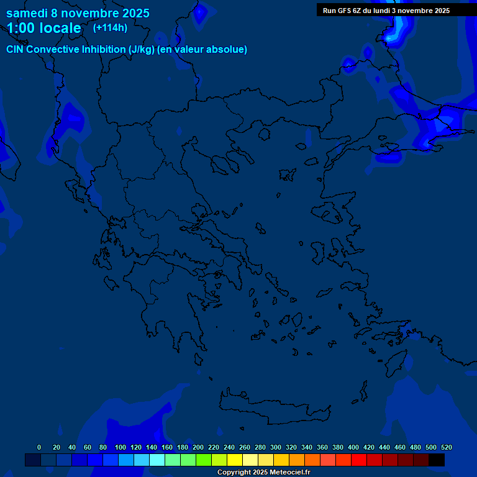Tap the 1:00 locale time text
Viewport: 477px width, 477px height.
[x=43, y=28]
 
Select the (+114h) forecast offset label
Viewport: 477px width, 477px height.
[x=110, y=27]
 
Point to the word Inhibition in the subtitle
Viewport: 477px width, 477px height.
[x=103, y=50]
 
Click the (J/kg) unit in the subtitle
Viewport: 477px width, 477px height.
[x=142, y=50]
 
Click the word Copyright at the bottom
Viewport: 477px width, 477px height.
[x=234, y=473]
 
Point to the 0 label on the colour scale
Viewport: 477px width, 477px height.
[x=39, y=447]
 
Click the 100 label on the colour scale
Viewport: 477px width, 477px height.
[x=120, y=447]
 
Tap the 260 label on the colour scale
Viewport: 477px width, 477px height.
[x=245, y=447]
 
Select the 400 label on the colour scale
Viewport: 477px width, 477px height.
[x=353, y=447]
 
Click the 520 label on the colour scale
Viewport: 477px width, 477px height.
[x=446, y=447]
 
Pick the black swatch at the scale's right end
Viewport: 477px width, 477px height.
[x=436, y=460]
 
